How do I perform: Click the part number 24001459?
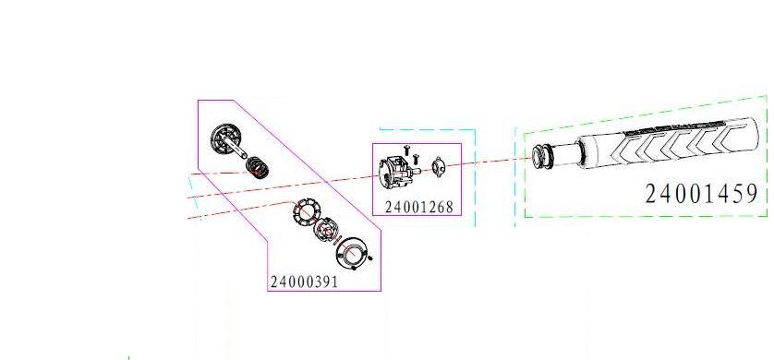pos(701,194)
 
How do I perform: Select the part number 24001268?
pos(418,208)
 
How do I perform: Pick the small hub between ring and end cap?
pos(328,231)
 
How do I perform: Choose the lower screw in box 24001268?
pos(417,156)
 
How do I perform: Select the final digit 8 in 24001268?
pos(448,208)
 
